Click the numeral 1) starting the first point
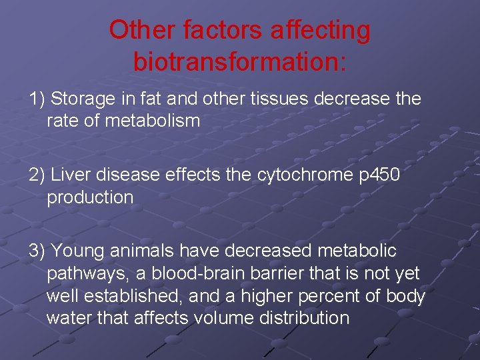tap(37, 99)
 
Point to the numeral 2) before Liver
tap(37, 175)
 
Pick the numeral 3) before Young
tap(37, 251)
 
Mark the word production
tap(90, 197)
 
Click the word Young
tap(77, 251)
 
